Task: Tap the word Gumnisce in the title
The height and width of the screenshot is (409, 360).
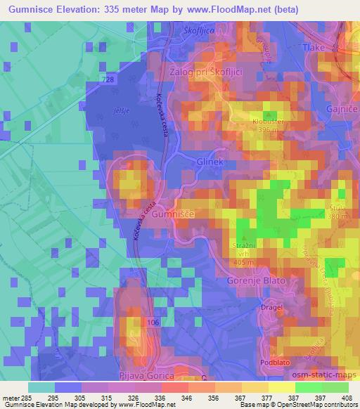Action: coord(27,9)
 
